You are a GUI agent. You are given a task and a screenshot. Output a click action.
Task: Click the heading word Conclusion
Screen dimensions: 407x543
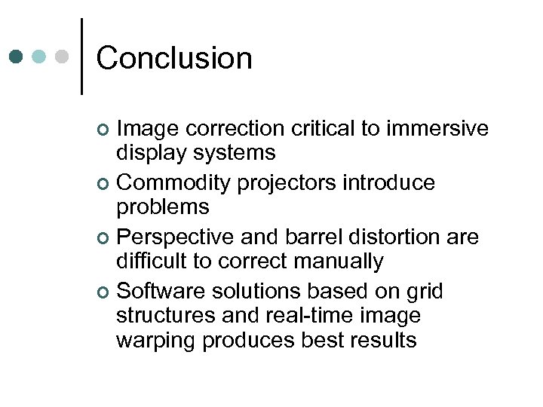pyautogui.click(x=174, y=58)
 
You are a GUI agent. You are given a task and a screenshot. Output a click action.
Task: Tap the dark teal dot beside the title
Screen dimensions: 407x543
pyautogui.click(x=16, y=57)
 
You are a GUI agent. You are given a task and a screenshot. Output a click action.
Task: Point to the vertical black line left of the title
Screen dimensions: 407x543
pyautogui.click(x=81, y=57)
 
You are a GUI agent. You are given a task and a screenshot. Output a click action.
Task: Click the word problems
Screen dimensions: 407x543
pyautogui.click(x=162, y=207)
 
